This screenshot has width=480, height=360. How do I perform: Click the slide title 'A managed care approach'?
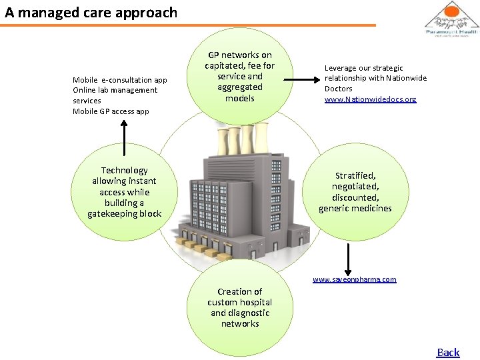click(91, 13)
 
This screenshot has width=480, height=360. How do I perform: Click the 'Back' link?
click(448, 352)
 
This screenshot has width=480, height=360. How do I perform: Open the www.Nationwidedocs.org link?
click(370, 99)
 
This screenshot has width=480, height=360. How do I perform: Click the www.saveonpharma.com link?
click(355, 279)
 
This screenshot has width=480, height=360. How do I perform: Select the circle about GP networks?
click(239, 76)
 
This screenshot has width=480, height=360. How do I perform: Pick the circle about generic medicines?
click(355, 192)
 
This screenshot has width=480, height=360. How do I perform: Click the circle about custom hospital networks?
click(239, 308)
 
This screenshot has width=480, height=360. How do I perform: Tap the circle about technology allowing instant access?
click(125, 192)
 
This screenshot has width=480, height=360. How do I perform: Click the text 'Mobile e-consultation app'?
click(120, 80)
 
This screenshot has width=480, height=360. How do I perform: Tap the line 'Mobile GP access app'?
click(111, 111)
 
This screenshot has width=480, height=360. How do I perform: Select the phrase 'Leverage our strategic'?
click(363, 68)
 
